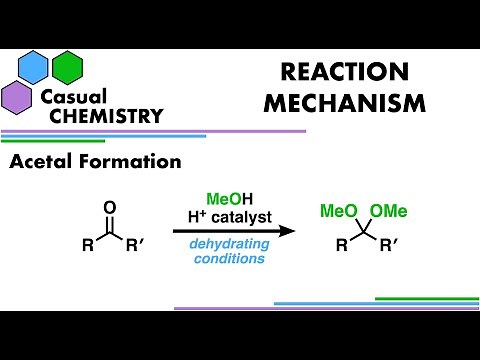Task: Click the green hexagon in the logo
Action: [68, 66]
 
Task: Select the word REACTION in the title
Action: [329, 72]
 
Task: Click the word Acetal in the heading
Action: [42, 160]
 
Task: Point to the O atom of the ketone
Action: [110, 207]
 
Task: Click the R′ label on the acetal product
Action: [393, 245]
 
